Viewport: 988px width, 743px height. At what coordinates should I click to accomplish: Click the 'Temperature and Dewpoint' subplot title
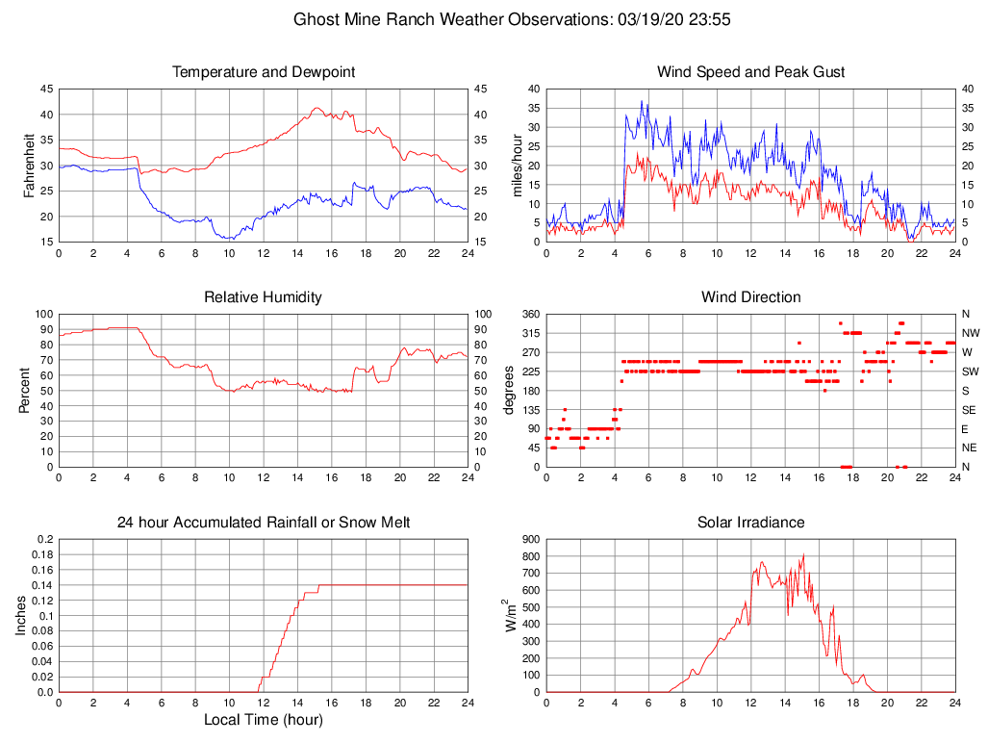(x=264, y=72)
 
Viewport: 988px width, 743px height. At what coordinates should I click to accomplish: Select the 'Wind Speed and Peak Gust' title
(x=750, y=72)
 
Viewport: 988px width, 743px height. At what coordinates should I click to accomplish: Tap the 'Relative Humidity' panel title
(x=263, y=297)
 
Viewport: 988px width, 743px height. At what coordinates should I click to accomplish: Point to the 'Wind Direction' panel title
(x=750, y=297)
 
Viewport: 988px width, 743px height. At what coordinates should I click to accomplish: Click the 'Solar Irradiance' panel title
(x=750, y=523)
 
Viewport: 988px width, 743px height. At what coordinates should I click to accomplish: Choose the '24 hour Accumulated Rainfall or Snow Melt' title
(x=264, y=523)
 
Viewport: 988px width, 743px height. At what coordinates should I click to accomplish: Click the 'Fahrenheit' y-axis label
(x=29, y=166)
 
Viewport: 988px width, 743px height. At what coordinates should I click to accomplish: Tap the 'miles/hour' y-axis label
(x=517, y=166)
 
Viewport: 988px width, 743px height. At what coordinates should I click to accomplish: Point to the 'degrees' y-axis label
(x=509, y=391)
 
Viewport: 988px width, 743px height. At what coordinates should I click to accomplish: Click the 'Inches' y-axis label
(x=21, y=616)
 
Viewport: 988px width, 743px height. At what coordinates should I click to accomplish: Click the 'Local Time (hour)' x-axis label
(x=264, y=719)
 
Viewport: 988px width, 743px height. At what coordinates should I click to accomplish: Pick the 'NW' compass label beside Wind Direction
(x=967, y=333)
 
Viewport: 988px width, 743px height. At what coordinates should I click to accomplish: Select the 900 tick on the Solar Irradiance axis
(x=531, y=540)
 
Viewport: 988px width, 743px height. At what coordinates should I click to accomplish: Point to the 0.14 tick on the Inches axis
(x=42, y=585)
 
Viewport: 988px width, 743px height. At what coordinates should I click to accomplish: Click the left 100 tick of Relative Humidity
(x=43, y=315)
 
